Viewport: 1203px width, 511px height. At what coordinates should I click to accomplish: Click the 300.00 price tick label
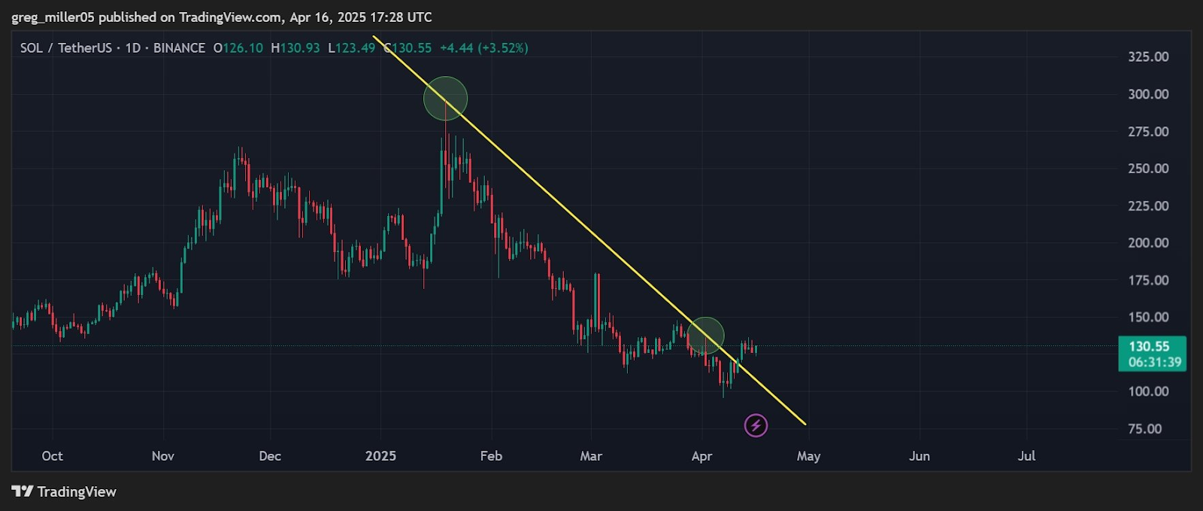click(x=1147, y=94)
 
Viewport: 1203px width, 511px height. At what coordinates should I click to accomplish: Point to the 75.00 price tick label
click(x=1144, y=429)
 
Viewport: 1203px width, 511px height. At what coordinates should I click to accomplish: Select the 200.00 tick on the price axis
click(x=1147, y=243)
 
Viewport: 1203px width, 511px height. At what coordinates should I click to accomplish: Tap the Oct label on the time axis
click(x=52, y=456)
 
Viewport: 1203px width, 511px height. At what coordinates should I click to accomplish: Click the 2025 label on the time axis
click(x=380, y=456)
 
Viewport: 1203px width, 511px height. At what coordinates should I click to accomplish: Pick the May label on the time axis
click(x=808, y=456)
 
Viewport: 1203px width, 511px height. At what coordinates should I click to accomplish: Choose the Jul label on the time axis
click(x=1026, y=456)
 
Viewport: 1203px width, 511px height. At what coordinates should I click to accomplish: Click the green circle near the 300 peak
click(x=445, y=99)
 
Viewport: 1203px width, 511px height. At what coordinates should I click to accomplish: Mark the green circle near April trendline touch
click(x=705, y=336)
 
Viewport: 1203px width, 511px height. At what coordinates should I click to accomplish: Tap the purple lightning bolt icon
click(x=756, y=425)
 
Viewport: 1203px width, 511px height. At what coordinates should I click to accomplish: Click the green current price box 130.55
click(x=1152, y=354)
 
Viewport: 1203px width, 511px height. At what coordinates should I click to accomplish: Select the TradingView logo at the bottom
click(x=64, y=491)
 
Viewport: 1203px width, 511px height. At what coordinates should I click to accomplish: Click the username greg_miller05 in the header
click(x=53, y=17)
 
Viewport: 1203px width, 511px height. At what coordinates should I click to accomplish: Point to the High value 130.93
click(x=299, y=48)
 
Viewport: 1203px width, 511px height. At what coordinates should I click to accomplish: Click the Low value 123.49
click(x=356, y=48)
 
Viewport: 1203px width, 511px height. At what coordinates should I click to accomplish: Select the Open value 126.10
click(x=243, y=48)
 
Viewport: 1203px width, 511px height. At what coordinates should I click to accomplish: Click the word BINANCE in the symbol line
click(x=179, y=48)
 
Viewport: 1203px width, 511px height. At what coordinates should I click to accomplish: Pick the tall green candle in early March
click(x=597, y=301)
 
